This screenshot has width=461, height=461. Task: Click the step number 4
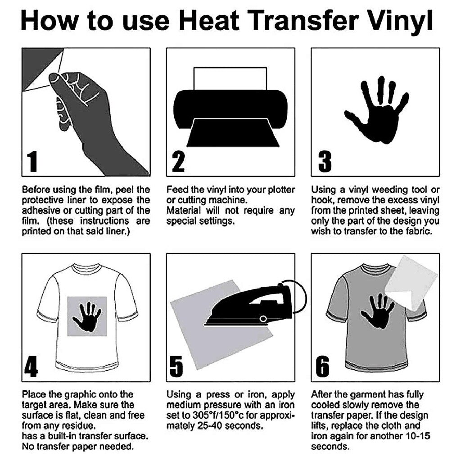(31, 367)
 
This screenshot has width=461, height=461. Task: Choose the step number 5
(177, 367)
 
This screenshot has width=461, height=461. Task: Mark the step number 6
(323, 367)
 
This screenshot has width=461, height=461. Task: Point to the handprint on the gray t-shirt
(377, 311)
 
